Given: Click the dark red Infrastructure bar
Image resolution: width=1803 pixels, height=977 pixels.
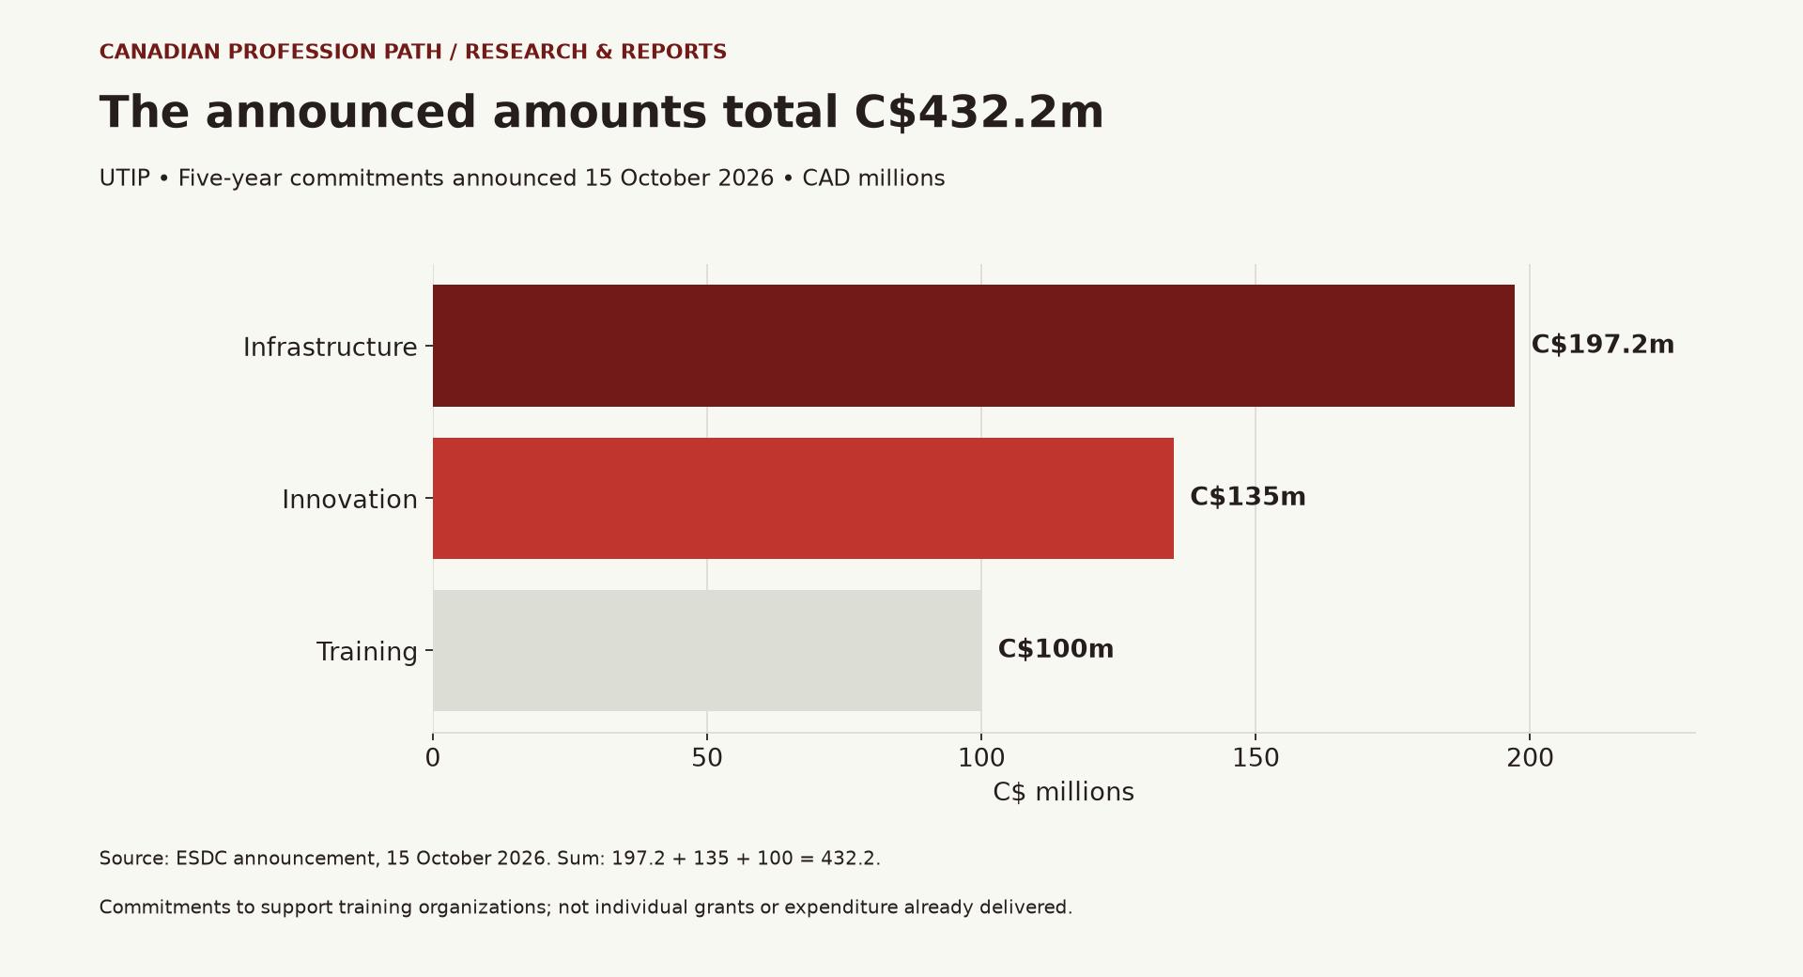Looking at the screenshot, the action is coord(974,346).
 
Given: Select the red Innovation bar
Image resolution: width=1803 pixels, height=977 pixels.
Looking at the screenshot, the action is coord(803,498).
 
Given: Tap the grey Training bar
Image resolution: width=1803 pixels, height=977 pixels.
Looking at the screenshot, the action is coord(707,650).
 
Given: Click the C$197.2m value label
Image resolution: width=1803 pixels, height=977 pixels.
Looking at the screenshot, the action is coord(1602,345).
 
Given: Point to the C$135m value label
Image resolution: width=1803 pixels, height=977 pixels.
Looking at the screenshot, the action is coord(1247,497).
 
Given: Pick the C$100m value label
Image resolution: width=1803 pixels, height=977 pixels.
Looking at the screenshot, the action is coord(1056,649).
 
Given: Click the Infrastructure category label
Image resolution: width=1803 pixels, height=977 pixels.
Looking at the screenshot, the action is coord(331,348).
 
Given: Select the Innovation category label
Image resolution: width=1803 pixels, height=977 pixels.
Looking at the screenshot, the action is coord(350,500).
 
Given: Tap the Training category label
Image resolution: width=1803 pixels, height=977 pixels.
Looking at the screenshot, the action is coord(367,652).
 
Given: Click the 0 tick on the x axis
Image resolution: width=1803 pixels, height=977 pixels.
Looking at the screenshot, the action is coord(433,758).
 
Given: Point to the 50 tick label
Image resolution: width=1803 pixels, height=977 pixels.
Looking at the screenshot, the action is coord(707,758).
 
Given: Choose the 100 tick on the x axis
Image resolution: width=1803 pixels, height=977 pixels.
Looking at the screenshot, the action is coord(981,758).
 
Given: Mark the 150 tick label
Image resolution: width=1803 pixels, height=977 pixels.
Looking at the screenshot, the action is coord(1256,758).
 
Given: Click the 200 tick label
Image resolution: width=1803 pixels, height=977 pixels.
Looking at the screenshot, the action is coord(1530,758).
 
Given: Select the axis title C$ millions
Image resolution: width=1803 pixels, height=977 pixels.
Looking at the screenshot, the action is coord(1063,792).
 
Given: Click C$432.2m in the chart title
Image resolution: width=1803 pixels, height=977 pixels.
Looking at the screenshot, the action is coord(979,113).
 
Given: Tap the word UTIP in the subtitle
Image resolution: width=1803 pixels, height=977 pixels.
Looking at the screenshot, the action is coord(125,178).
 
